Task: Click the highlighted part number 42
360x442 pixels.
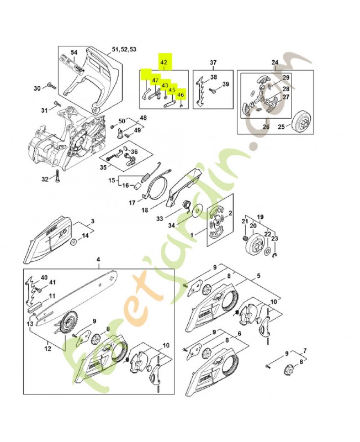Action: [164, 63]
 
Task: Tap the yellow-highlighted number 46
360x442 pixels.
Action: [181, 95]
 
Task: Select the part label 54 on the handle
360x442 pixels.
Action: [74, 52]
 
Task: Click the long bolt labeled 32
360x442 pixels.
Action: [56, 178]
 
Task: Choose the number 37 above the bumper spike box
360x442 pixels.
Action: [213, 62]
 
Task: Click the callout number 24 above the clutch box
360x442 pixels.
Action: [274, 62]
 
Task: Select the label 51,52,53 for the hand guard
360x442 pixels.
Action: [124, 50]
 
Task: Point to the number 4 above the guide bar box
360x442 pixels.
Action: [98, 260]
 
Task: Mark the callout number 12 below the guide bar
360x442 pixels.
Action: [47, 348]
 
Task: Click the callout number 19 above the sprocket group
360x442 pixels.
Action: [261, 217]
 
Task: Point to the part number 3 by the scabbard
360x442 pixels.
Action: [92, 222]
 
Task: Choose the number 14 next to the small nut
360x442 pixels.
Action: [84, 236]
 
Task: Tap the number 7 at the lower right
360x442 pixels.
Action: [305, 351]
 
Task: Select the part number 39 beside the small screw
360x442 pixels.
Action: [225, 84]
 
